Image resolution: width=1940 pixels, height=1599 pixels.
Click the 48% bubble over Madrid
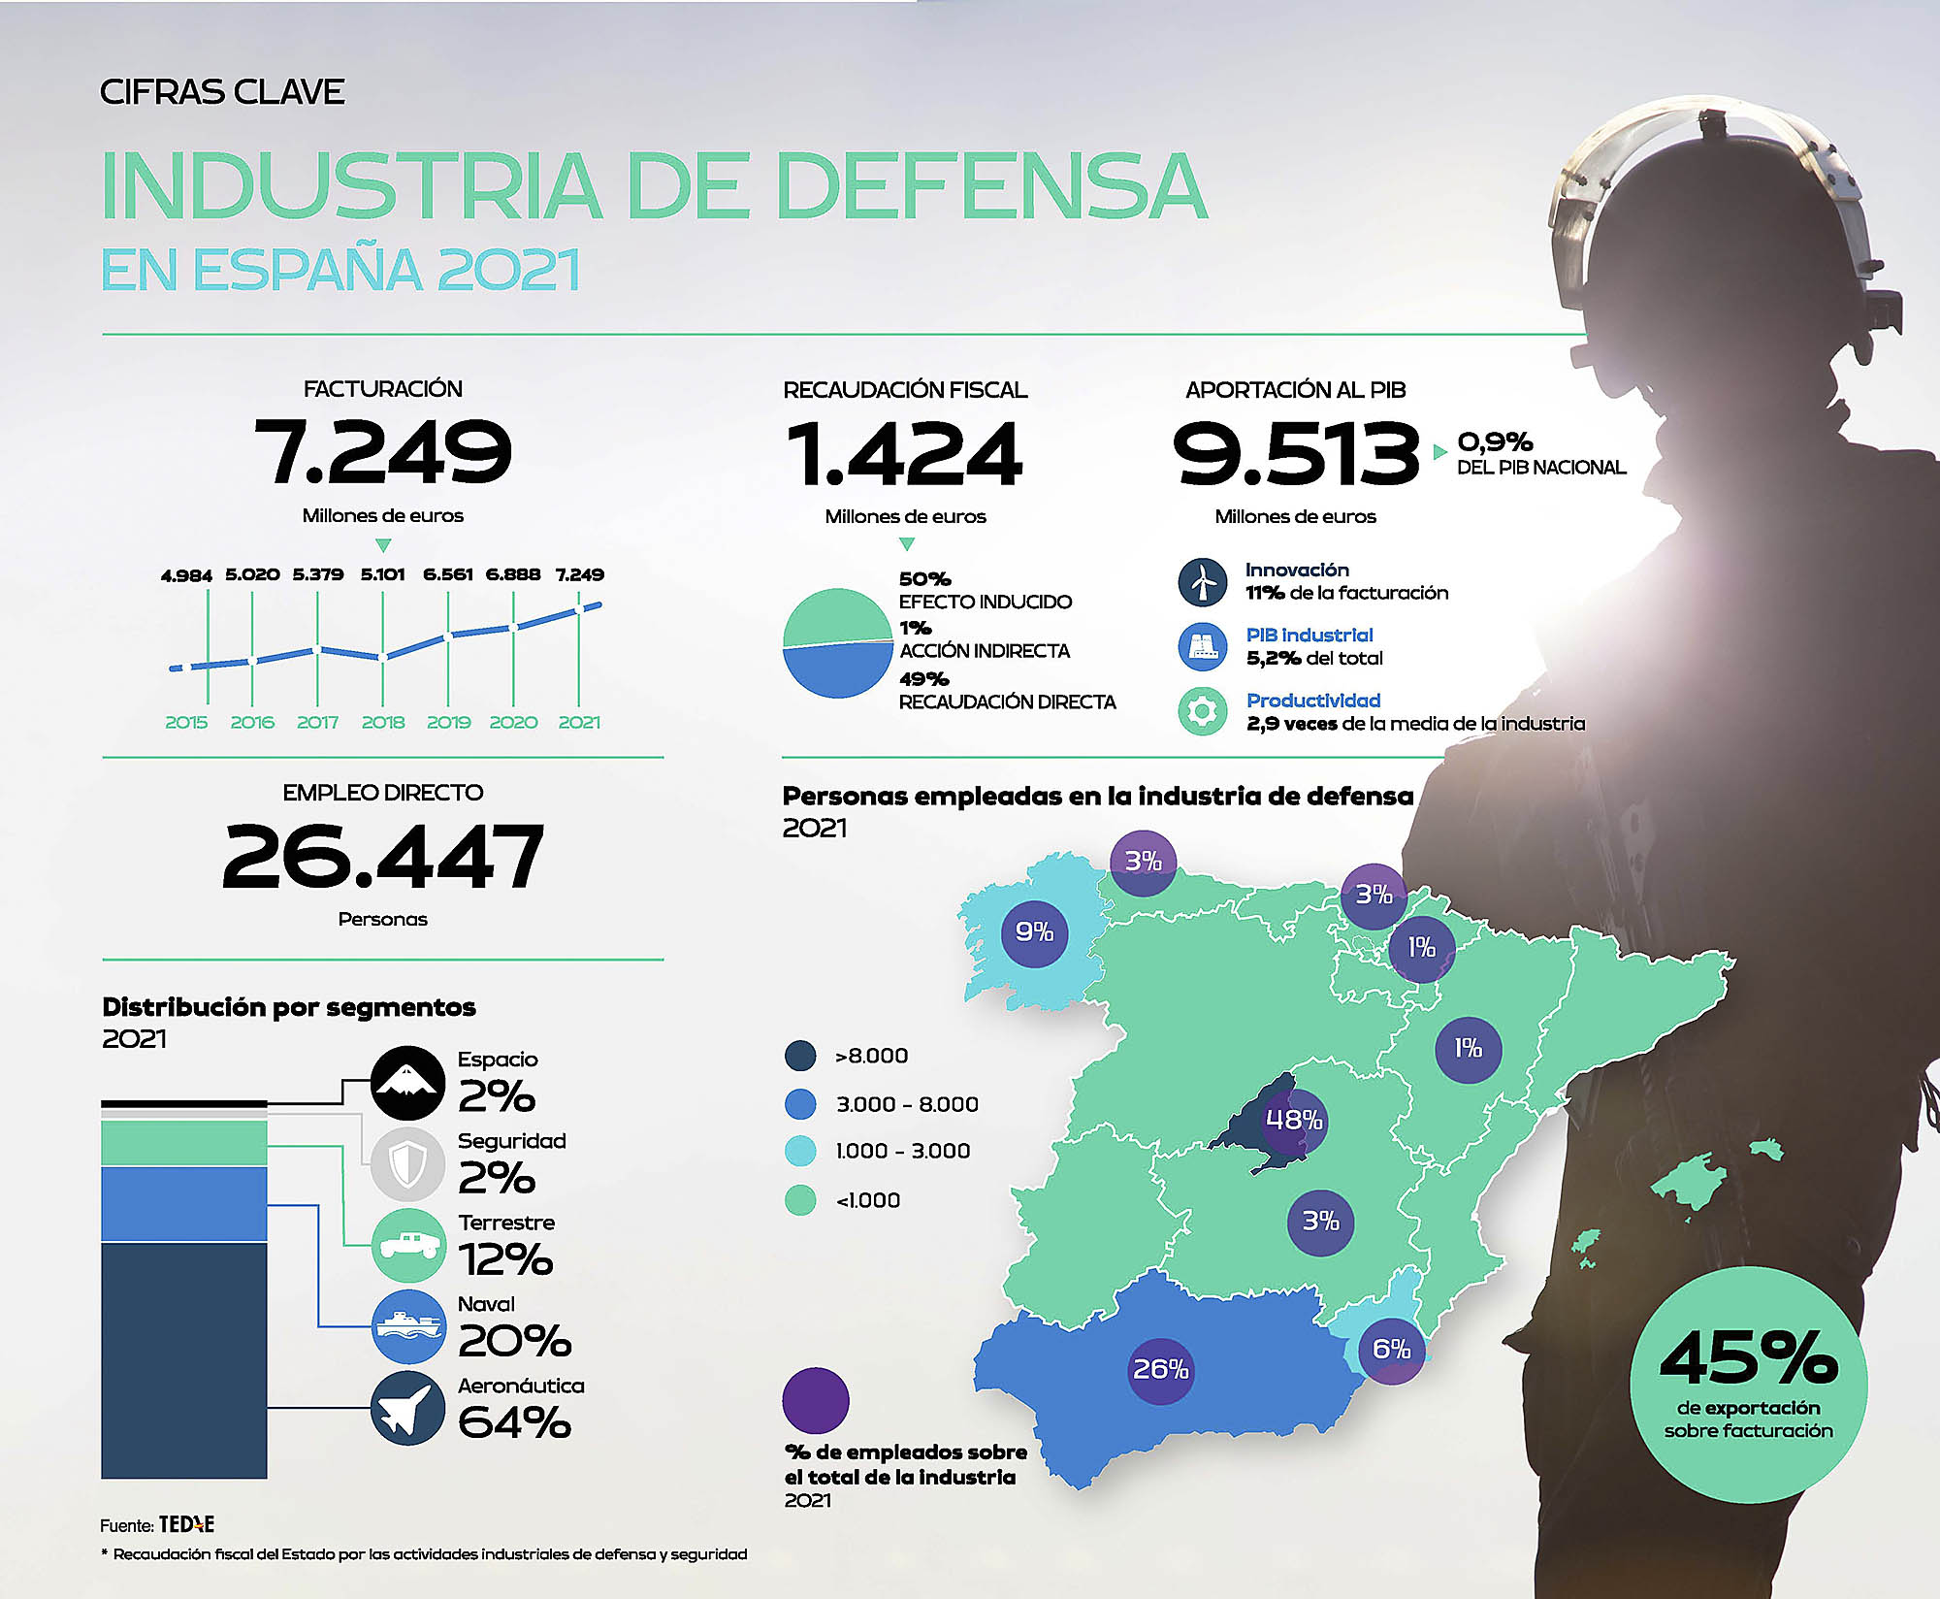point(1294,1120)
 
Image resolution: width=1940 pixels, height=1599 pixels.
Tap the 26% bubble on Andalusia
point(1161,1369)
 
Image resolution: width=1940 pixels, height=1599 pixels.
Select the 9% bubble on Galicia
point(1034,932)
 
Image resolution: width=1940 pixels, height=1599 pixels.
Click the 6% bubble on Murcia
point(1391,1349)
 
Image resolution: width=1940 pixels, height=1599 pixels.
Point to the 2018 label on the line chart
point(382,722)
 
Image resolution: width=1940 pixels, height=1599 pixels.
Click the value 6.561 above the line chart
point(447,574)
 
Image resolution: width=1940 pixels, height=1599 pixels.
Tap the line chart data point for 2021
point(579,608)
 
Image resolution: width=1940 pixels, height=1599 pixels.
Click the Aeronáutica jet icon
point(407,1408)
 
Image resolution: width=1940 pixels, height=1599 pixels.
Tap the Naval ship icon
point(407,1326)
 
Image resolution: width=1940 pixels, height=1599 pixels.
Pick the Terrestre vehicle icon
point(407,1245)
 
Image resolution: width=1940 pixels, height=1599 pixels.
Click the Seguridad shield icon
point(407,1162)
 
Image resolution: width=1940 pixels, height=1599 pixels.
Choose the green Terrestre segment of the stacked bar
point(184,1143)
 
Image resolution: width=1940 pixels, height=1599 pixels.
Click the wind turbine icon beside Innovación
point(1203,581)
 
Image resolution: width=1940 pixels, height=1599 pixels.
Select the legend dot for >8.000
point(800,1056)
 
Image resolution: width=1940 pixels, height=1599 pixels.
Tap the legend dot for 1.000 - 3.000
point(800,1151)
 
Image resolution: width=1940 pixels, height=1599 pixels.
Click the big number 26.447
point(382,857)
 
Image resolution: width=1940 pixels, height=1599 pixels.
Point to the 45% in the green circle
point(1748,1358)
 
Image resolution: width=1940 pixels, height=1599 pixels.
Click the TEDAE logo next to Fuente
point(186,1524)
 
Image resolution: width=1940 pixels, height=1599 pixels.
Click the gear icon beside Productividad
point(1203,711)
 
